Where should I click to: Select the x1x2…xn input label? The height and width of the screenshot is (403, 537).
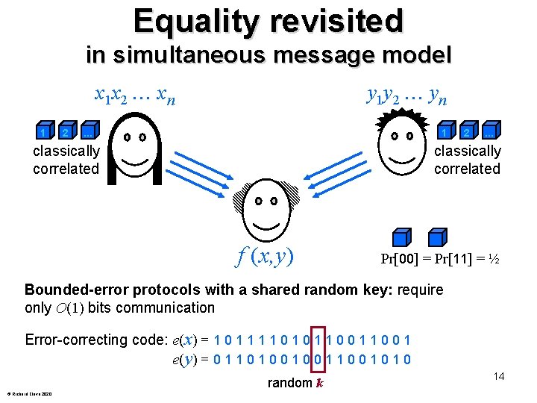[135, 95]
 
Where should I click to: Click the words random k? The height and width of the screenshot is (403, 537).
[295, 383]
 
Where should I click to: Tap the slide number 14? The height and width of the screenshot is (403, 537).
[498, 376]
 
